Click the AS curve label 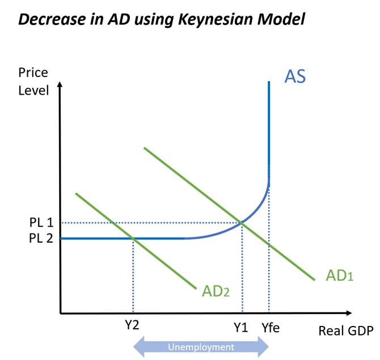click(x=295, y=77)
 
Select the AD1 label click(x=340, y=276)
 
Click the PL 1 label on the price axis click(x=40, y=222)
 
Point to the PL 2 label click(x=40, y=238)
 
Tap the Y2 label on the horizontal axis click(x=132, y=327)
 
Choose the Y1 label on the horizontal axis click(x=240, y=327)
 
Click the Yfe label click(x=271, y=327)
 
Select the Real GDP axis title click(x=345, y=331)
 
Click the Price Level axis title click(x=33, y=81)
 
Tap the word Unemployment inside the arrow click(x=201, y=347)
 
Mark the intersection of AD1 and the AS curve click(x=243, y=223)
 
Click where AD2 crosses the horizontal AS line click(x=133, y=238)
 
